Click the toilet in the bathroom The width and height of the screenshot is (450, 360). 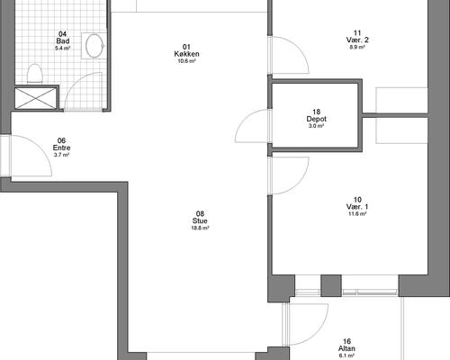pyautogui.click(x=35, y=74)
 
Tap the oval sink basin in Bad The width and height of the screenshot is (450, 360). pyautogui.click(x=94, y=46)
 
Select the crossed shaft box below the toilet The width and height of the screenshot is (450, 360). pyautogui.click(x=36, y=98)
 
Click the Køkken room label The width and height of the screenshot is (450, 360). pyautogui.click(x=186, y=54)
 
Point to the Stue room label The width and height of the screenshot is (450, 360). pyautogui.click(x=200, y=220)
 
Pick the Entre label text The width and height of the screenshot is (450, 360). pyautogui.click(x=61, y=148)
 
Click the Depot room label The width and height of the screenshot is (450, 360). pyautogui.click(x=316, y=119)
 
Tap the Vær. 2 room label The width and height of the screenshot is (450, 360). pyautogui.click(x=357, y=40)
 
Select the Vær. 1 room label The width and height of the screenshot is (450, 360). pyautogui.click(x=357, y=207)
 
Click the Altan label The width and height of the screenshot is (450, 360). pyautogui.click(x=346, y=348)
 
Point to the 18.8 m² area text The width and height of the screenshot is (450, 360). pyautogui.click(x=200, y=228)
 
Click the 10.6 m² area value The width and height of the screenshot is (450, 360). pyautogui.click(x=186, y=61)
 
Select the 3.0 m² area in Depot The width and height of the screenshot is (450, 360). pyautogui.click(x=316, y=126)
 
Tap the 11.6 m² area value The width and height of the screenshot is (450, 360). pyautogui.click(x=357, y=214)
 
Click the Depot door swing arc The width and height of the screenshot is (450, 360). pyautogui.click(x=245, y=120)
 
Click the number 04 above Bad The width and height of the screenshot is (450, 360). pyautogui.click(x=62, y=34)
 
